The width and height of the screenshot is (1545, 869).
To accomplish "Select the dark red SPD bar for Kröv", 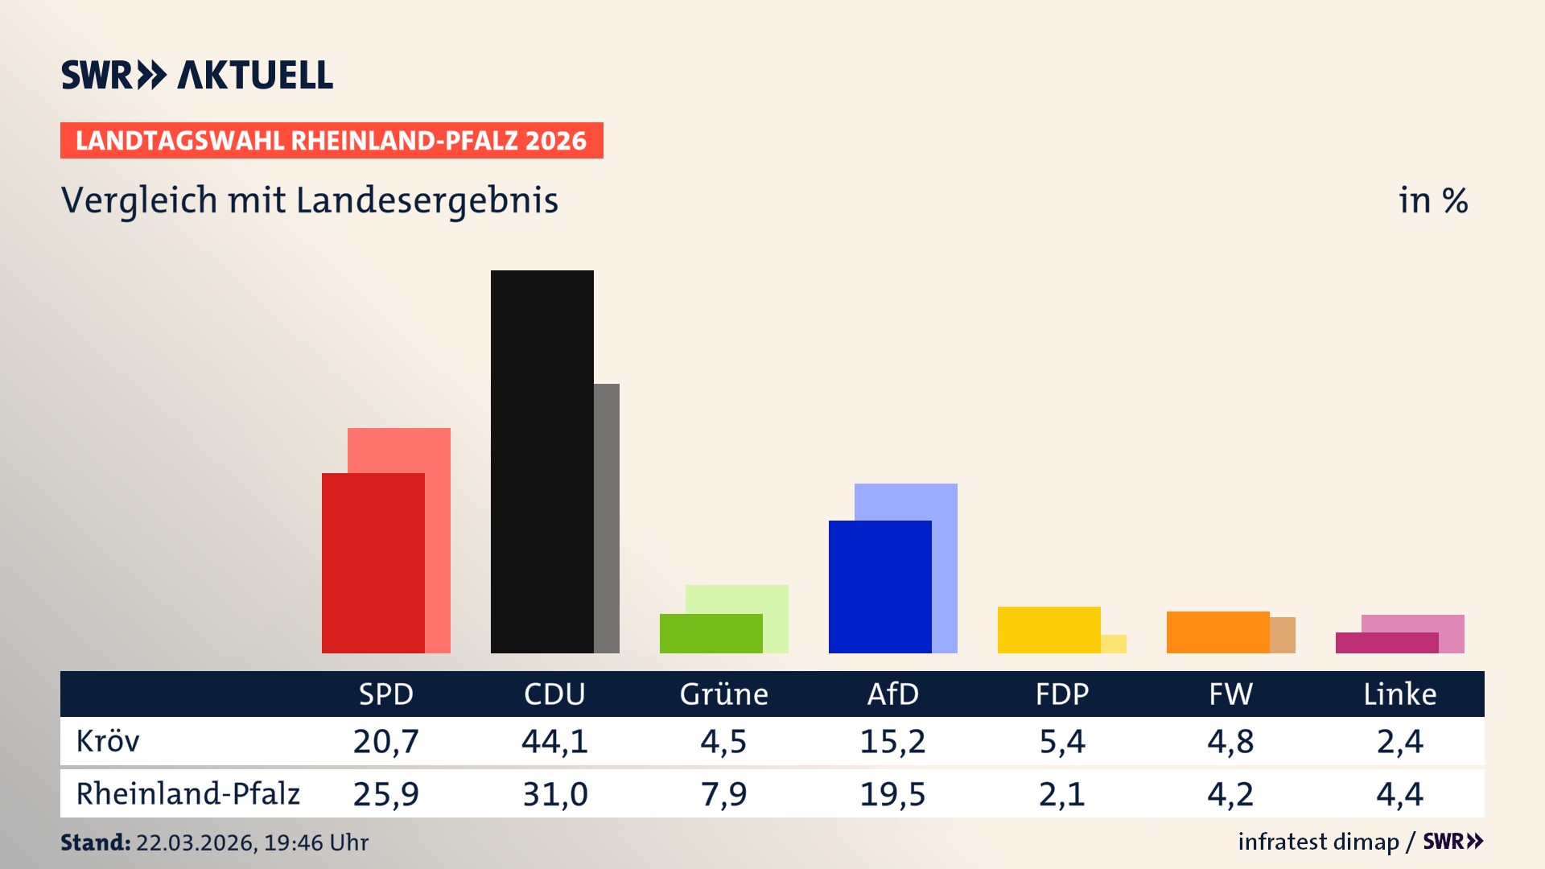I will [373, 562].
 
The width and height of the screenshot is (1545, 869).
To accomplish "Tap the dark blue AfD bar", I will [880, 587].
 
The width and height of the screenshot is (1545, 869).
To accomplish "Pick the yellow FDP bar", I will [1049, 629].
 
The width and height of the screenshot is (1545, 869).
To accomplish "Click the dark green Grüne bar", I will [711, 633].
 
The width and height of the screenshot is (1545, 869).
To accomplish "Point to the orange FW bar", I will [1217, 632].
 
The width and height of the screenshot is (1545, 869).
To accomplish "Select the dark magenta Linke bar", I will [1386, 643].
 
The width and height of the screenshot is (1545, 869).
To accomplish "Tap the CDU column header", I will [554, 694].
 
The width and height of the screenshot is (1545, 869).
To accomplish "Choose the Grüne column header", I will [723, 694].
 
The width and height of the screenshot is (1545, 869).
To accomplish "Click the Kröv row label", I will [108, 741].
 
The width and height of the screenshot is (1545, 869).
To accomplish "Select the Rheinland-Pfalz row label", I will [187, 794].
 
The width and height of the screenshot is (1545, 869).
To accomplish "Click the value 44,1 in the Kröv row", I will [554, 741].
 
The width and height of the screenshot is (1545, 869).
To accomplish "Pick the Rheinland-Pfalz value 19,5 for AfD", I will [892, 794].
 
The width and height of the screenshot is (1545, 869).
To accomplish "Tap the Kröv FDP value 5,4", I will [1061, 741].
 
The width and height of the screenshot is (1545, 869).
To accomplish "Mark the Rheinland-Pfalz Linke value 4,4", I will [1399, 794].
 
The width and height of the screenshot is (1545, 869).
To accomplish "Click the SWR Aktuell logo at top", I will [196, 75].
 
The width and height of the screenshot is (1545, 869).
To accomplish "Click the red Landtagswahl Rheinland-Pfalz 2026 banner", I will [332, 140].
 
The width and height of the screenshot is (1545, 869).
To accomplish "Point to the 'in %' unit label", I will [1432, 200].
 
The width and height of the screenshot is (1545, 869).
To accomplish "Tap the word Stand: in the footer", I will [95, 842].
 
